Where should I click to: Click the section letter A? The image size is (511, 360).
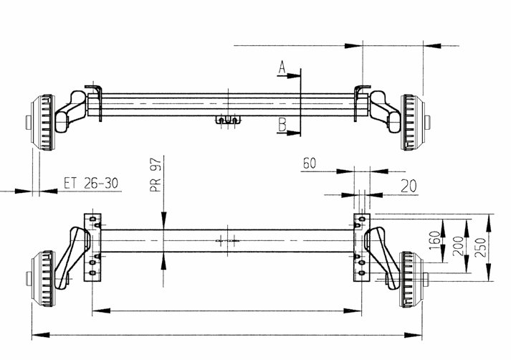tap(282, 68)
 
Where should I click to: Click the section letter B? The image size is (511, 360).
tap(282, 125)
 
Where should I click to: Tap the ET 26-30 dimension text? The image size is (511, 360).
tap(91, 184)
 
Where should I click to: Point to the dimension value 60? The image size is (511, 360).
tap(310, 163)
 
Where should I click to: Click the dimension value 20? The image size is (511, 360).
tap(409, 186)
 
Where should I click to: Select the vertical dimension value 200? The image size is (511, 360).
tap(458, 246)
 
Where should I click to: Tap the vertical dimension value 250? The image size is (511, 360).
tap(480, 247)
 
